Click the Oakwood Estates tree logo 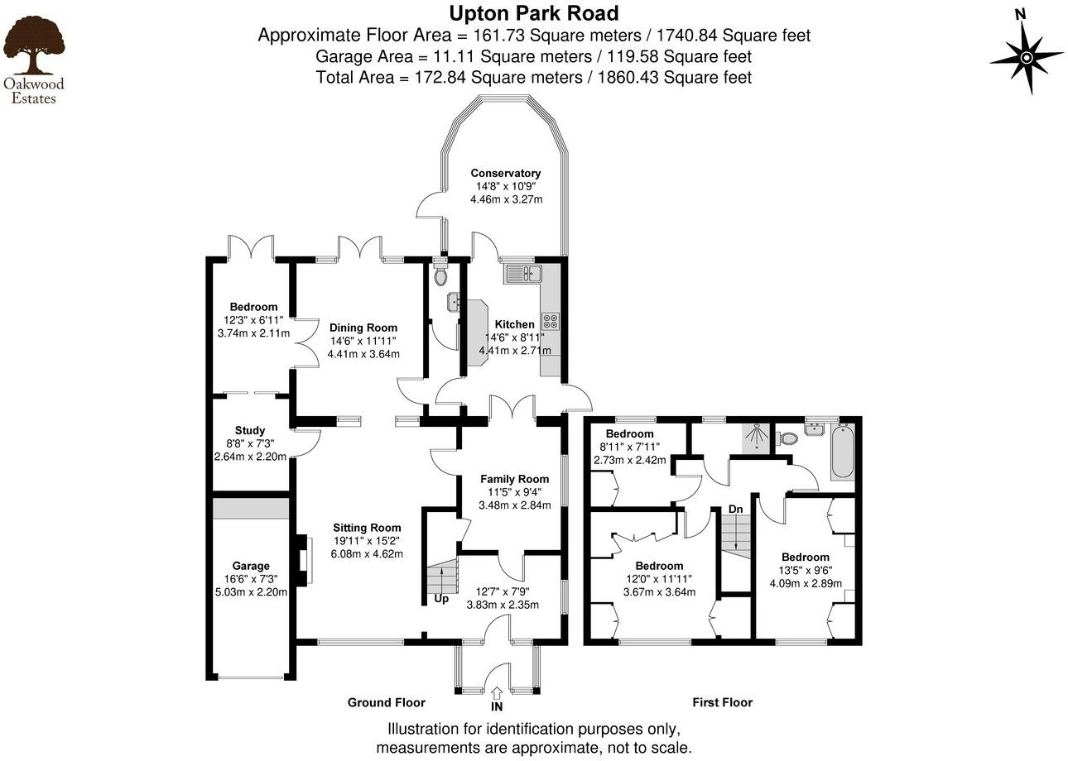33,47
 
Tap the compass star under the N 1027,57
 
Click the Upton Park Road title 534,13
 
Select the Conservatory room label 506,173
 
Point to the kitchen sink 522,274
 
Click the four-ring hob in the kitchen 551,321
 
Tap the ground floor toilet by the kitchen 440,275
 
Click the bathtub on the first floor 842,452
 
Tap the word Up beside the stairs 441,598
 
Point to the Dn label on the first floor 735,509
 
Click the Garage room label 250,566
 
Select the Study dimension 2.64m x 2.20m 250,456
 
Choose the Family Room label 515,478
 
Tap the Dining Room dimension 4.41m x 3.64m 363,353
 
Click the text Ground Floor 386,702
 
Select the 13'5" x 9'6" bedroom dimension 806,570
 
